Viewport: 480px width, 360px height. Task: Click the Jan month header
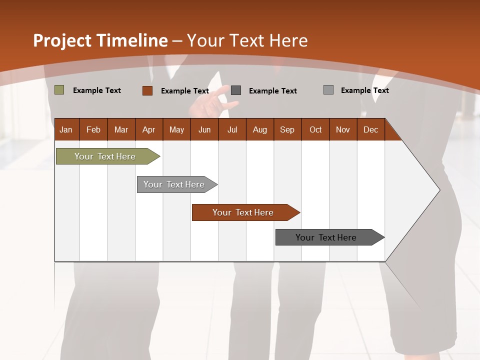click(x=66, y=129)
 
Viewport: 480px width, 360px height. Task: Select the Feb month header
click(x=93, y=129)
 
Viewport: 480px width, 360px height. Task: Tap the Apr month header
click(x=148, y=129)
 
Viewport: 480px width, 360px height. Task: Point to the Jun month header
click(x=204, y=129)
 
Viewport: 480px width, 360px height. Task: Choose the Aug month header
click(x=259, y=129)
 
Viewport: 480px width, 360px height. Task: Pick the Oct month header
click(x=315, y=129)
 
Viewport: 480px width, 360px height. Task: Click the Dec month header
click(x=370, y=129)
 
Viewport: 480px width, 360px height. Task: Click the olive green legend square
click(x=59, y=90)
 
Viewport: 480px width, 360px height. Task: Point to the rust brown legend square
click(x=147, y=90)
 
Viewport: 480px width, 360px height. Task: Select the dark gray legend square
click(x=236, y=90)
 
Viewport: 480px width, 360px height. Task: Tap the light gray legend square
click(x=328, y=90)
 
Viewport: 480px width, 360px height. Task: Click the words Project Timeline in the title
click(x=100, y=40)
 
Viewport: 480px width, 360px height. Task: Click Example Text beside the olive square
click(x=97, y=90)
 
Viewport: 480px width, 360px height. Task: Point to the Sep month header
click(x=287, y=129)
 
